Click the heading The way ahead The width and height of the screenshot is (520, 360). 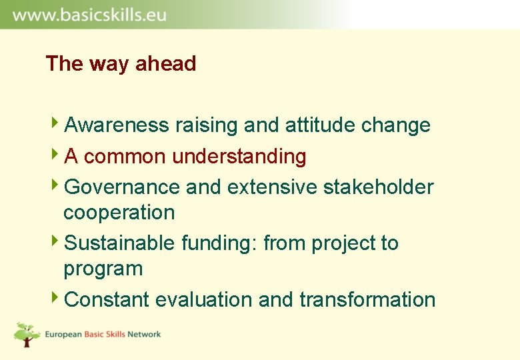coord(121,64)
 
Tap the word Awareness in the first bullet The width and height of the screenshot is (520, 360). coord(117,125)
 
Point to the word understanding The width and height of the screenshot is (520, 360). coord(239,157)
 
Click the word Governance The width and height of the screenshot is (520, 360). coord(122,187)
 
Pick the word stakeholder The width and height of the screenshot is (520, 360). coord(378,187)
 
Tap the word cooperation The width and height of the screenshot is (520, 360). coord(119,213)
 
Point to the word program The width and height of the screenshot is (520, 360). coord(103,269)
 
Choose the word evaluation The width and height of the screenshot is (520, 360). coord(204,300)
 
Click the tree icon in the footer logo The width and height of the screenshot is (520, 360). coord(27,334)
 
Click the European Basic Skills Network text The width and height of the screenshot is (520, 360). coord(103,334)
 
